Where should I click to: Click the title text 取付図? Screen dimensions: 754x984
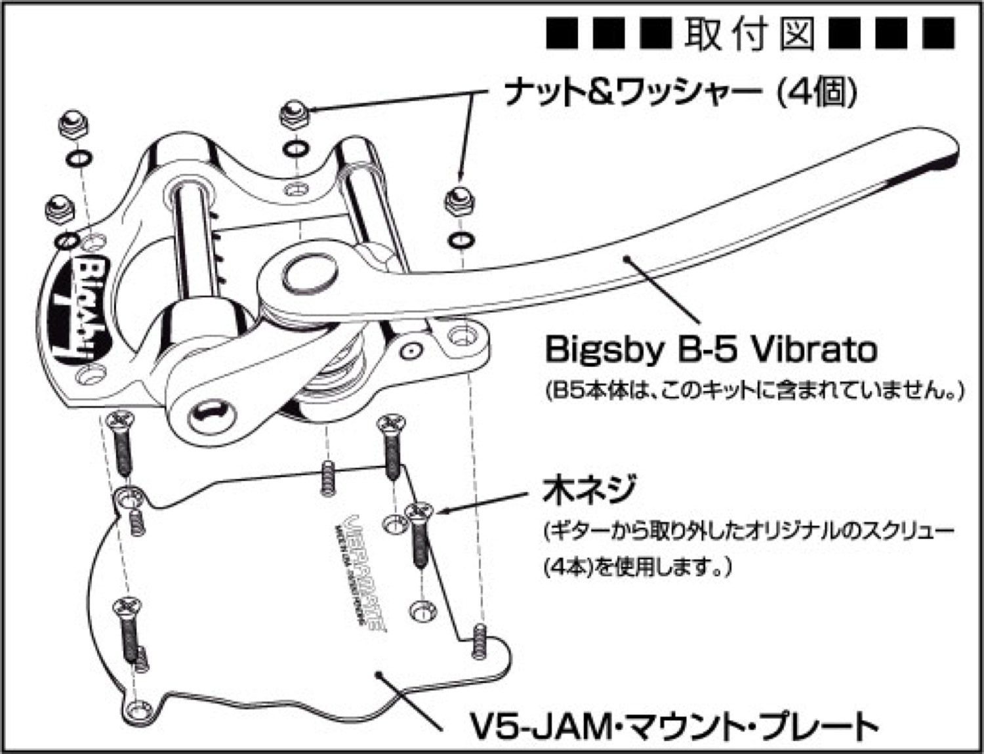click(750, 32)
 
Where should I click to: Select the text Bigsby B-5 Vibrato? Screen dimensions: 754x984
click(710, 350)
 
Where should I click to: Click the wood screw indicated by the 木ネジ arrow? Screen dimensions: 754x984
click(418, 535)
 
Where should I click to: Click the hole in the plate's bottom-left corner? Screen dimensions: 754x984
click(139, 709)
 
